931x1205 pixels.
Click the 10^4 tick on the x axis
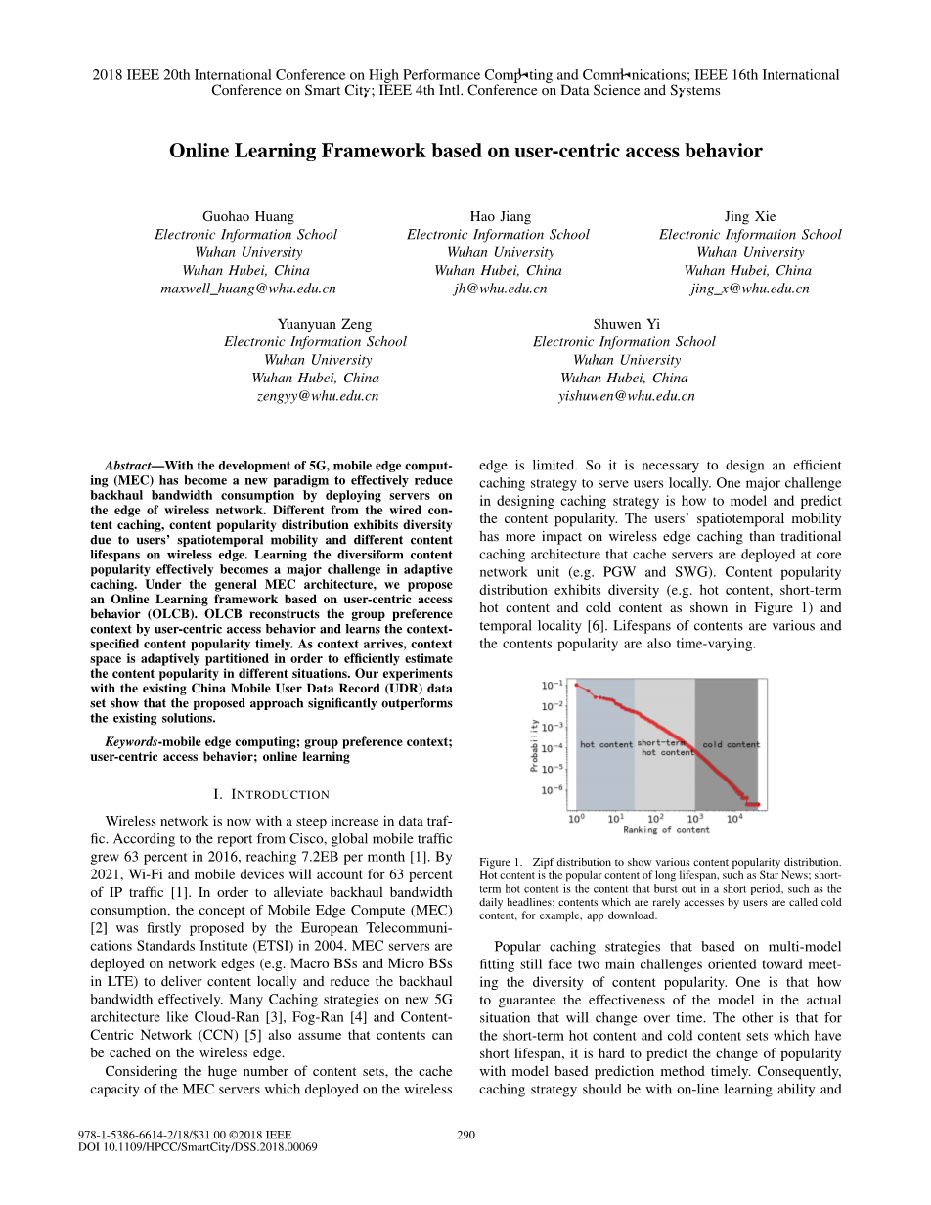coord(734,818)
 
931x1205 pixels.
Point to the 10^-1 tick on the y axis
coord(552,685)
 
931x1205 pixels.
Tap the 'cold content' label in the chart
coord(731,744)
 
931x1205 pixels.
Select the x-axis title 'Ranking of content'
coord(666,830)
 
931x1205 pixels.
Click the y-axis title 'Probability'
coord(535,745)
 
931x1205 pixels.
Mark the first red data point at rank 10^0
coord(576,685)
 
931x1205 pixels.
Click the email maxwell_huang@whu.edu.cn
coord(247,289)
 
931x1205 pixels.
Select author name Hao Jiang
coord(500,216)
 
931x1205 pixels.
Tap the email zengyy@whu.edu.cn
coord(317,396)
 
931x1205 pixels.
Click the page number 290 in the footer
coord(465,1135)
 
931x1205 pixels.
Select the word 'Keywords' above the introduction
coord(132,741)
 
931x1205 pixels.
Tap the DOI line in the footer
coord(198,1146)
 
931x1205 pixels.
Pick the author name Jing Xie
coord(749,216)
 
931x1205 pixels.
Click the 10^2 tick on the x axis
coord(655,818)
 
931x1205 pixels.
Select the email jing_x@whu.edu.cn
coord(749,289)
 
